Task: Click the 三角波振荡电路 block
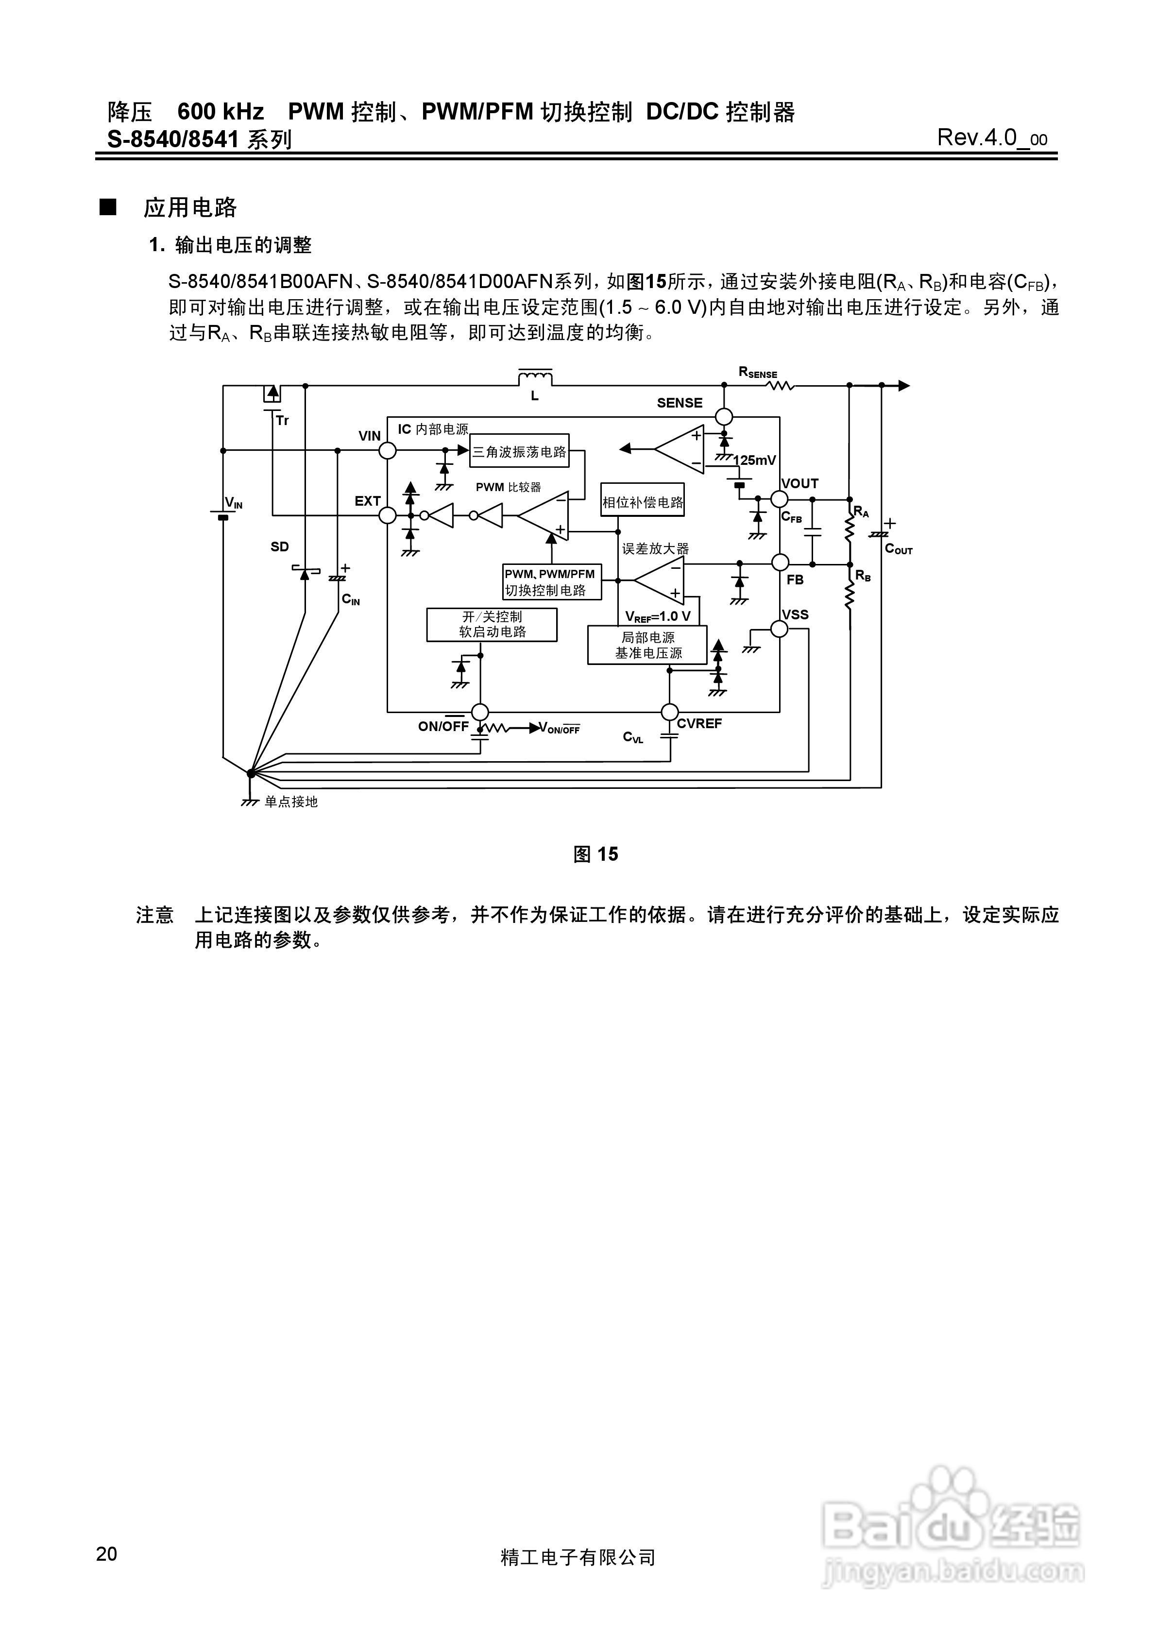click(519, 451)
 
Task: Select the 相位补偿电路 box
click(642, 502)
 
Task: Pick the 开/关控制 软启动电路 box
click(492, 624)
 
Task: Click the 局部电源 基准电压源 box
click(647, 645)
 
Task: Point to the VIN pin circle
click(387, 450)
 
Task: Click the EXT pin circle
click(387, 515)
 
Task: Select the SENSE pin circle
click(724, 417)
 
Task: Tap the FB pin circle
click(780, 563)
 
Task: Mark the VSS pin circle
click(780, 629)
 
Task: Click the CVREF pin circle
click(669, 712)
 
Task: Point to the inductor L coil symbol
click(534, 377)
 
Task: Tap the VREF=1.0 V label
click(657, 616)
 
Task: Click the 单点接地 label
click(291, 801)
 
